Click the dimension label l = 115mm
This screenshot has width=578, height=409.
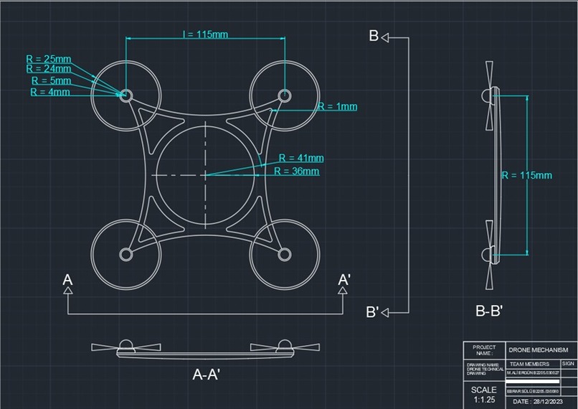point(205,34)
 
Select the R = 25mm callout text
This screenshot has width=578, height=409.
point(49,57)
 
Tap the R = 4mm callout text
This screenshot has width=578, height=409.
point(50,92)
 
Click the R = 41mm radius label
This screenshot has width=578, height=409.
point(301,158)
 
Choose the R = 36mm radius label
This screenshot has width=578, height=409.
point(297,171)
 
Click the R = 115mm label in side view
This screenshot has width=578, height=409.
point(526,175)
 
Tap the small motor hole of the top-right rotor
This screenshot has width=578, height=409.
point(285,95)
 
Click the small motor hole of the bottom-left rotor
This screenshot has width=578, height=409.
point(126,254)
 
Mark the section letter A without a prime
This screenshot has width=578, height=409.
point(67,279)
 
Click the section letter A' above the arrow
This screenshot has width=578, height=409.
point(344,279)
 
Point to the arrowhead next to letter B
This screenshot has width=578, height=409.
point(385,37)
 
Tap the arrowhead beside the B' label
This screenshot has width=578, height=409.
point(386,311)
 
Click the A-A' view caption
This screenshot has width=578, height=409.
point(206,374)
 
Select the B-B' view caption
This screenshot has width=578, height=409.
point(489,311)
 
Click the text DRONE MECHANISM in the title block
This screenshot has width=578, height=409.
point(538,349)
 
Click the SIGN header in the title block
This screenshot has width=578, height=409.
point(568,364)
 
